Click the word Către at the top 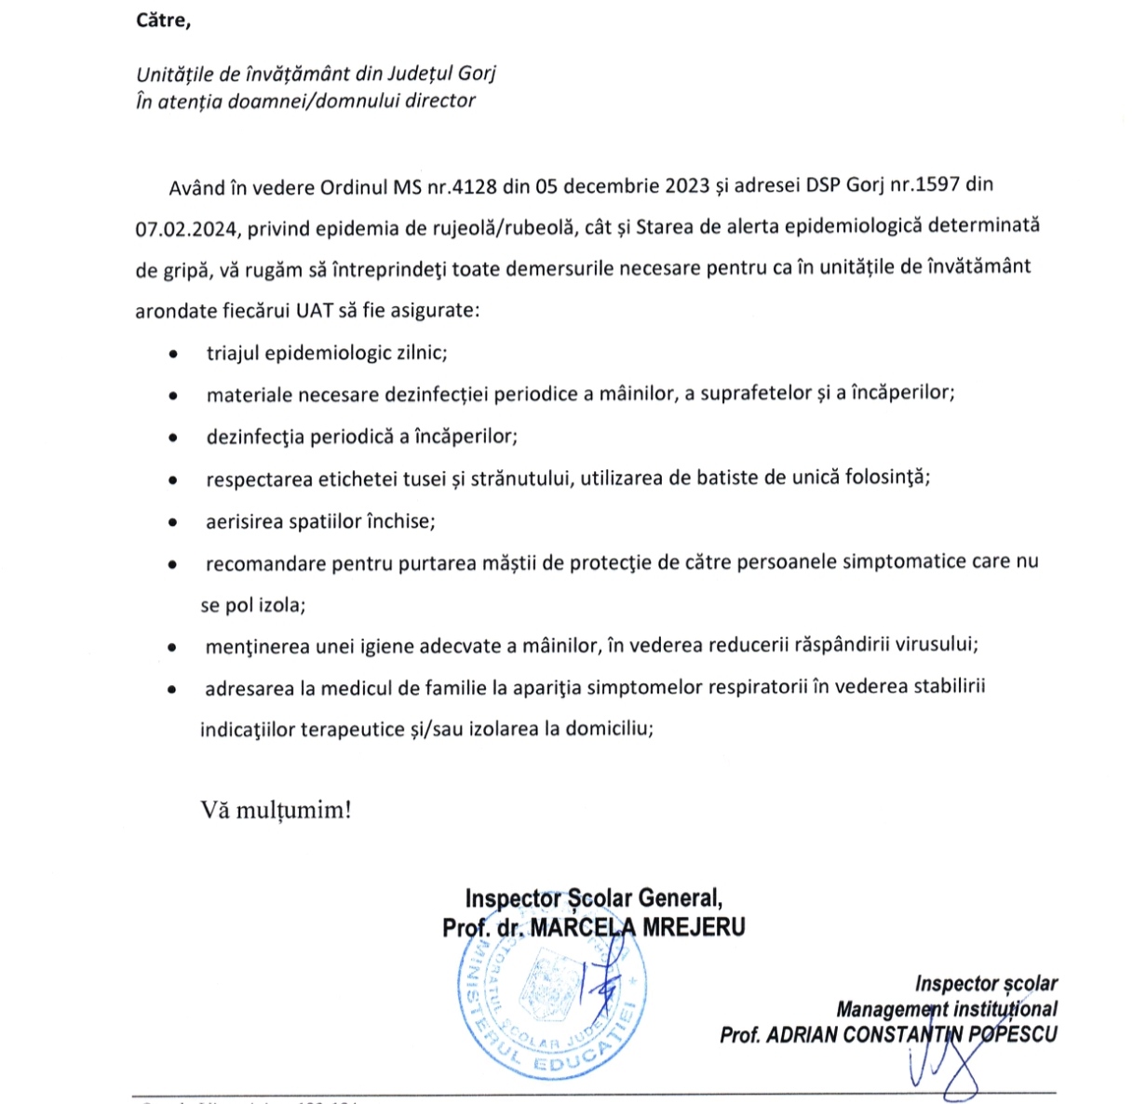pos(163,20)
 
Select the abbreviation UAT pos(315,310)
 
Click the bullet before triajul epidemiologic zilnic pos(173,355)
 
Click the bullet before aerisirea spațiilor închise pos(173,523)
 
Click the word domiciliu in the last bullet pos(609,728)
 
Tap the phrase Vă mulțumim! pos(277,809)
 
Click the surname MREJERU pos(694,927)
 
